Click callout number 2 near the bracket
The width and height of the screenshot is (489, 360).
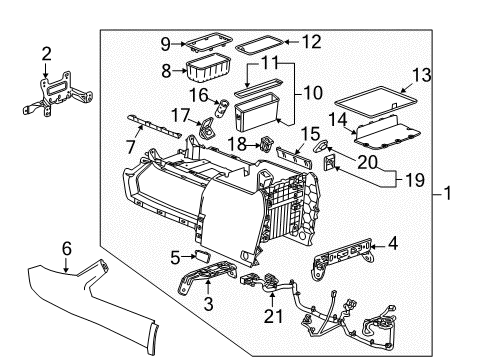point(45,53)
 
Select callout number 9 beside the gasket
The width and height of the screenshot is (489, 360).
point(166,43)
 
